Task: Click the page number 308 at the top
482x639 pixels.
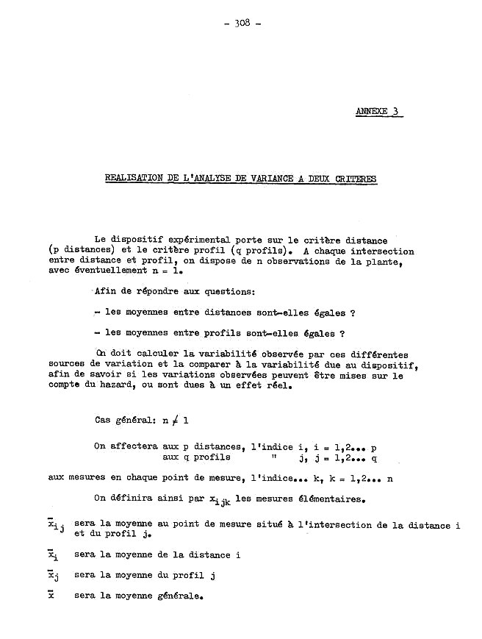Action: pos(242,23)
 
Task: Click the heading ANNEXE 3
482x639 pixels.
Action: pos(378,112)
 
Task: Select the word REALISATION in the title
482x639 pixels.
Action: pos(132,178)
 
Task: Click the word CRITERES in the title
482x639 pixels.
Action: pos(356,178)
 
